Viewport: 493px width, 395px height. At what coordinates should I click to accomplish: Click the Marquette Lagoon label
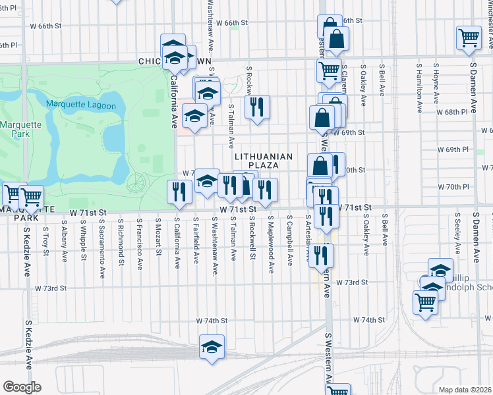(x=81, y=105)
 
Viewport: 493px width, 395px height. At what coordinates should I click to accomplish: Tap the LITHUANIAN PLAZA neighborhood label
(x=264, y=160)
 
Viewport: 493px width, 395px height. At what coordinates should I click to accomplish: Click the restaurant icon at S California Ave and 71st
(x=179, y=192)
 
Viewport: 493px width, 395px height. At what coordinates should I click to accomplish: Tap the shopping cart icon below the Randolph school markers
(x=426, y=302)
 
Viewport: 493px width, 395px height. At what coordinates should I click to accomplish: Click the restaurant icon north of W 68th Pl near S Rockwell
(x=257, y=107)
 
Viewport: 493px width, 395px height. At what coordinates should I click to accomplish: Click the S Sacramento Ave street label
(x=103, y=244)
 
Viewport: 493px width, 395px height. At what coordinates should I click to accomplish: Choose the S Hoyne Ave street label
(x=436, y=84)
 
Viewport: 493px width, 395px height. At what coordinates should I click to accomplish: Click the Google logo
(x=22, y=386)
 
